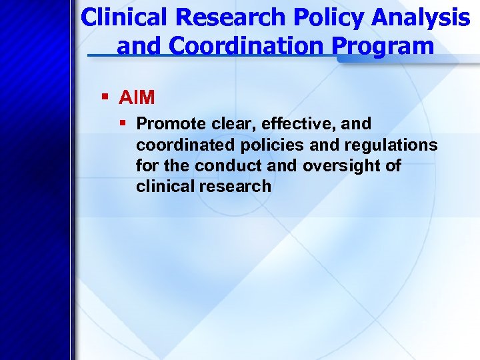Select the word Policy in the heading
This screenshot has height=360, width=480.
point(303,18)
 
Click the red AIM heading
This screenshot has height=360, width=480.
point(137,98)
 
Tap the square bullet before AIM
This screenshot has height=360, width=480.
point(105,98)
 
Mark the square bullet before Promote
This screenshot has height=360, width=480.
point(124,123)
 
